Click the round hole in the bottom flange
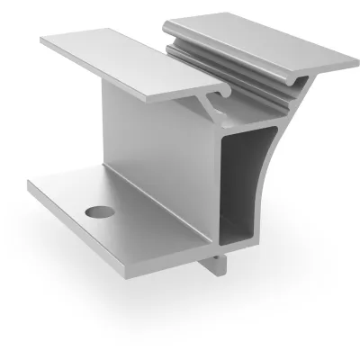click(96, 212)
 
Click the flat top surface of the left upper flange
click(126, 61)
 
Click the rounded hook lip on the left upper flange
click(219, 93)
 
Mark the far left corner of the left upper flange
click(43, 40)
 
